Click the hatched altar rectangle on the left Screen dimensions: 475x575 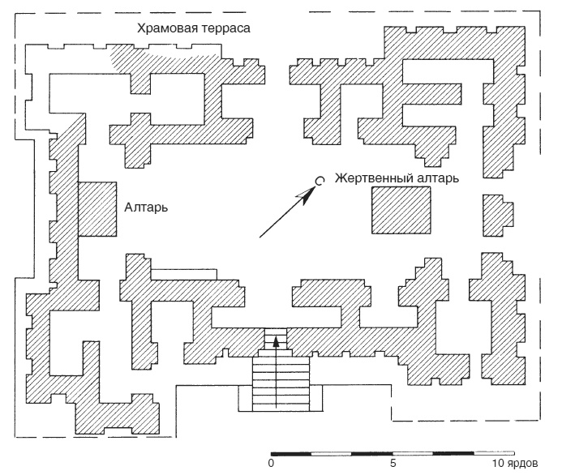(97, 208)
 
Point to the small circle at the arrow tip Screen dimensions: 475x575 (320, 182)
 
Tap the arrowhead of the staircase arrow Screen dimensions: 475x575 (277, 341)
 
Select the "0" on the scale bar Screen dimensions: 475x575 (271, 464)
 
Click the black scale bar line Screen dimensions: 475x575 (393, 451)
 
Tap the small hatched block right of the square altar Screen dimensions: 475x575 (496, 214)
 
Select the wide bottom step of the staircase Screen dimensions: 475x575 (281, 399)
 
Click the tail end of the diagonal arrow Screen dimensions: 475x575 (260, 237)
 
